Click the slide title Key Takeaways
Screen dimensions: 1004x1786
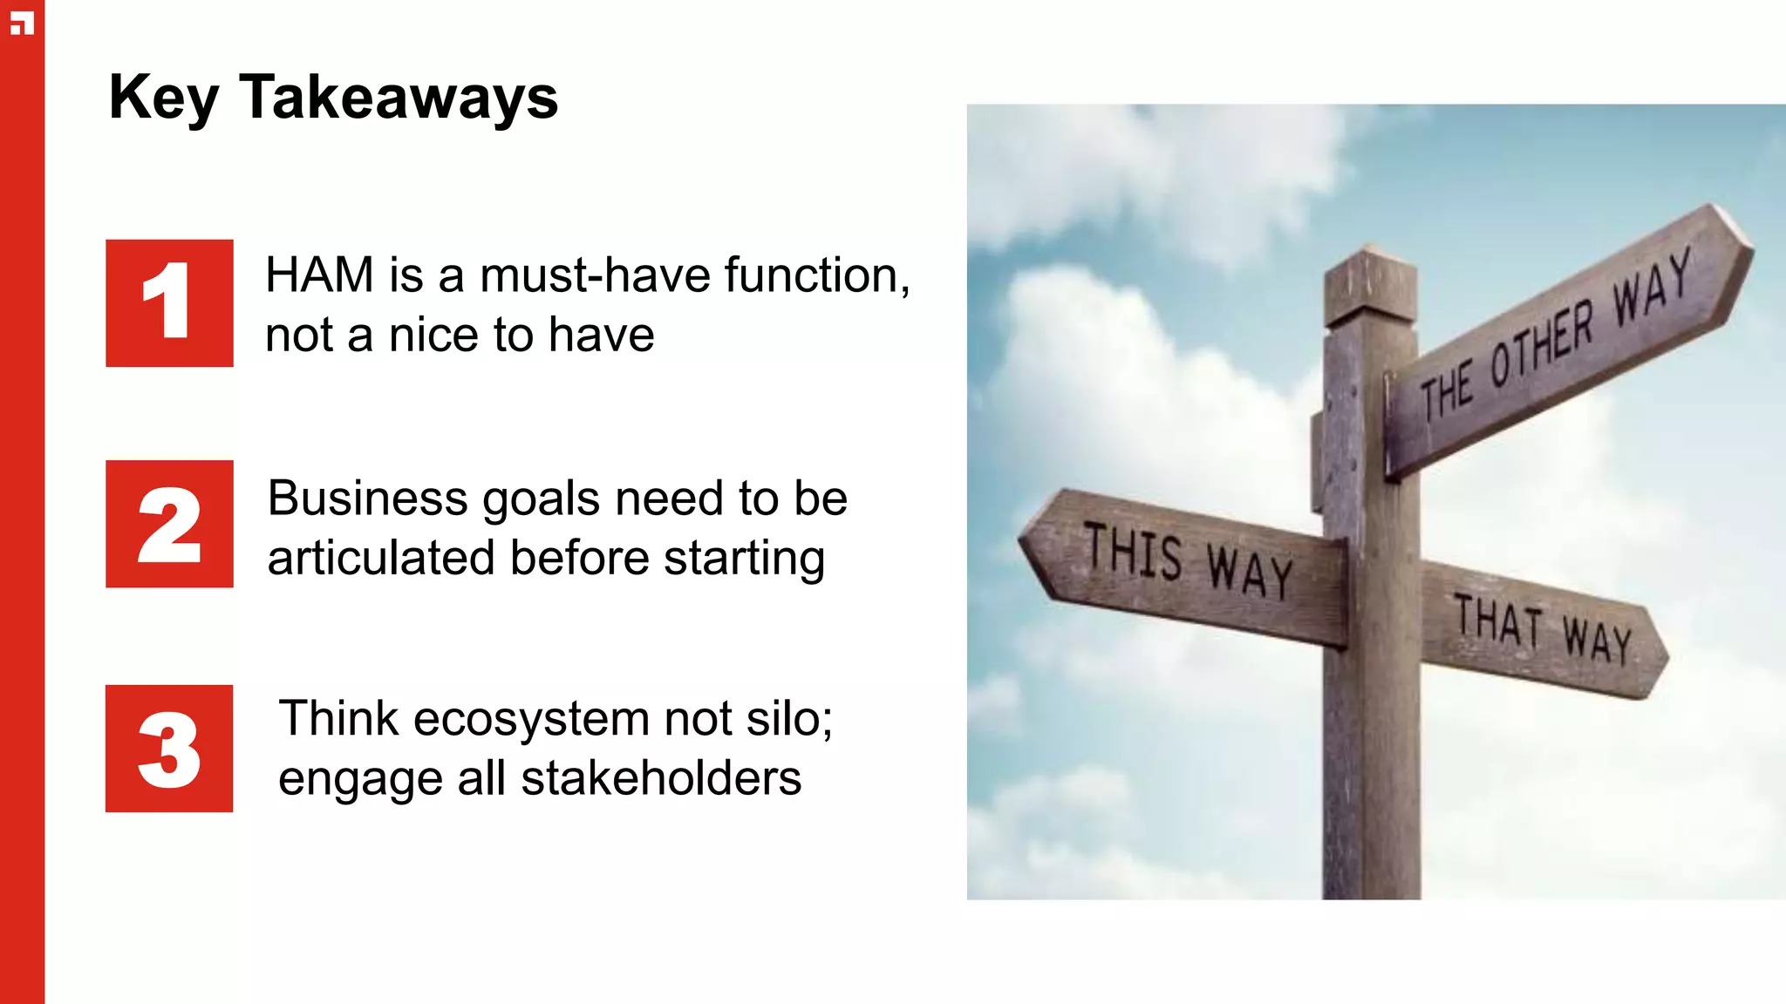point(333,98)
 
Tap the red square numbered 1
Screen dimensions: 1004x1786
point(169,303)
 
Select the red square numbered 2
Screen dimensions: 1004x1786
point(169,524)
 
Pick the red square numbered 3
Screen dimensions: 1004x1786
point(169,749)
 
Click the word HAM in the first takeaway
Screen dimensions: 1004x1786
point(320,275)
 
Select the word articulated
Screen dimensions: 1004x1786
point(381,558)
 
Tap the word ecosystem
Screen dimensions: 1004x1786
point(531,720)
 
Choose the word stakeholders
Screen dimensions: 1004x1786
point(661,778)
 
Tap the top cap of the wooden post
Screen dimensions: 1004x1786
point(1370,288)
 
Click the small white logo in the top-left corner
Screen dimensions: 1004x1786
point(22,24)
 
